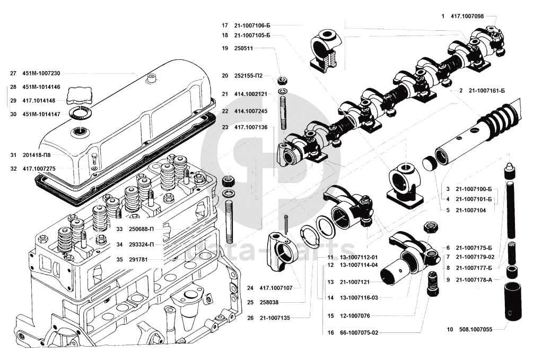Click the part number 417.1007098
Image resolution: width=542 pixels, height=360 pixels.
[x=466, y=16]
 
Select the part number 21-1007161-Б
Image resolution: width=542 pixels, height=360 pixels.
[x=486, y=91]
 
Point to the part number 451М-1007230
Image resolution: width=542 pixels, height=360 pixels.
[x=41, y=74]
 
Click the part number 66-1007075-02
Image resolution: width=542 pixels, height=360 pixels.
[x=360, y=333]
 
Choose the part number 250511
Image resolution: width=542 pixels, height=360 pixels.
[x=246, y=48]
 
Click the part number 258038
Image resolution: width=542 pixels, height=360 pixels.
[x=270, y=302]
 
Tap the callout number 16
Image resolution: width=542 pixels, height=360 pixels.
[x=330, y=333]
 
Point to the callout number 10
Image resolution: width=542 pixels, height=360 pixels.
[x=450, y=329]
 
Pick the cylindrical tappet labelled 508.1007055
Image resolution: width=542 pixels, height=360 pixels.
[x=513, y=302]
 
